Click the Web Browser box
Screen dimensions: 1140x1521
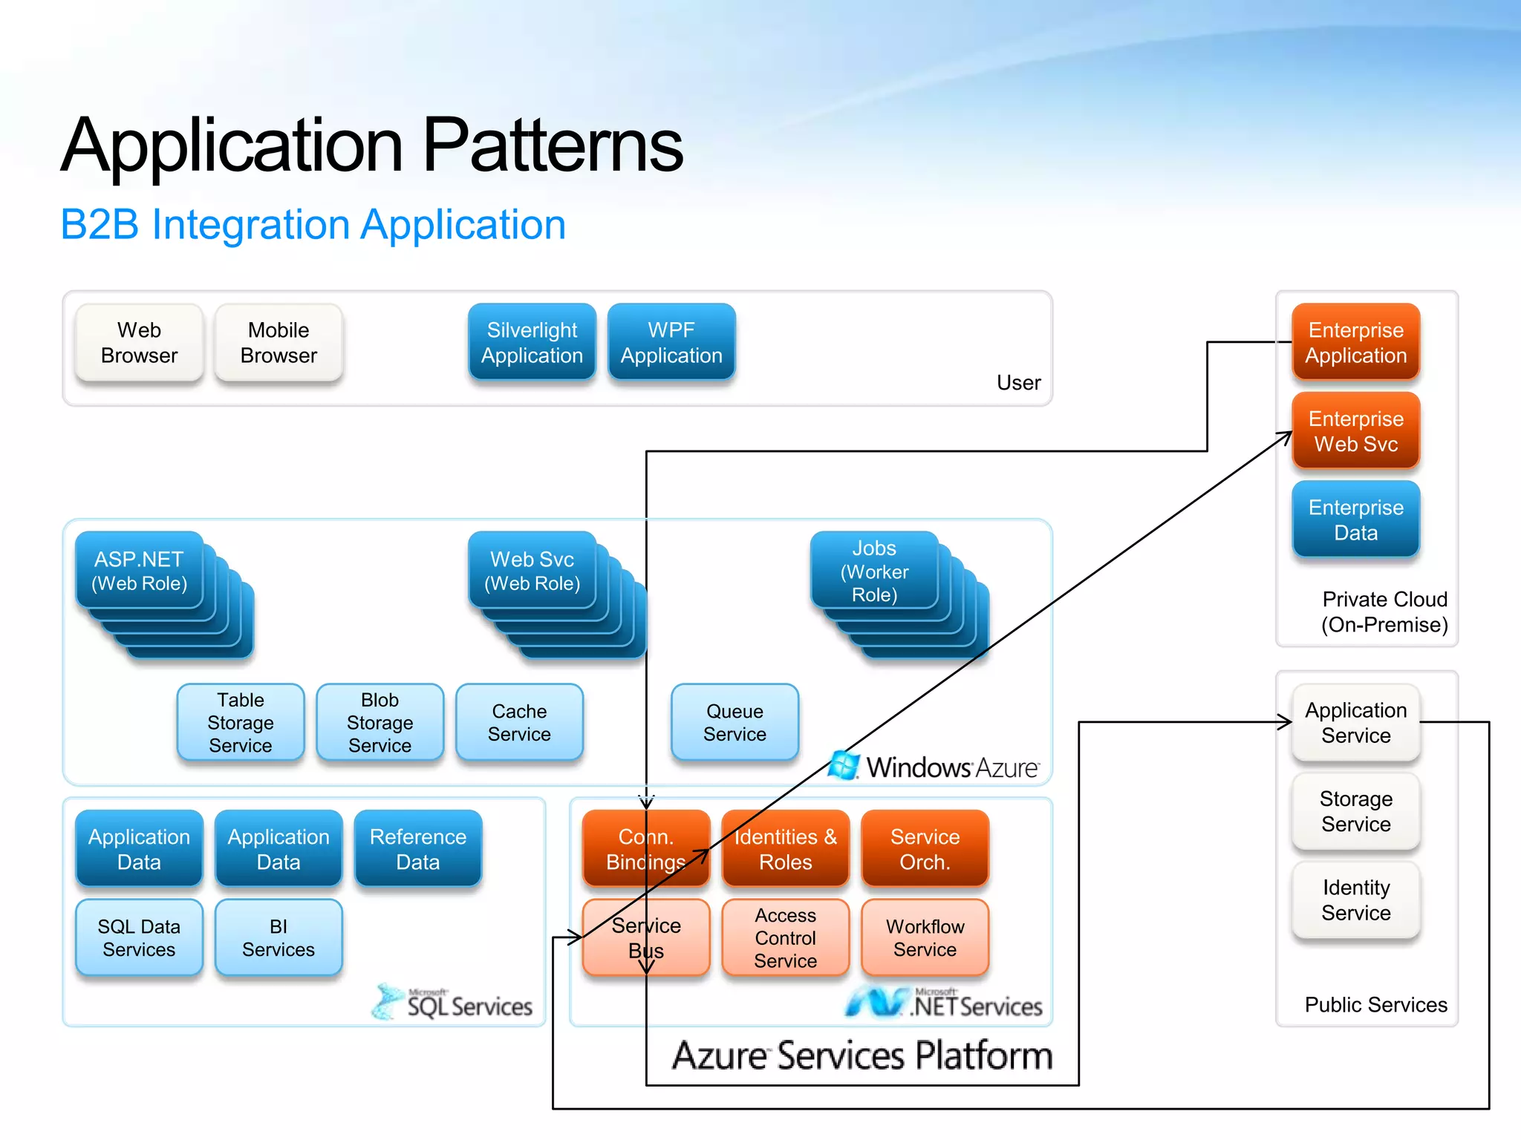pyautogui.click(x=139, y=343)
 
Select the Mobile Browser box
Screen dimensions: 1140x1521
pyautogui.click(x=279, y=343)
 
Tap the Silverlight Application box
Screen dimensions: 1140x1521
pyautogui.click(x=532, y=343)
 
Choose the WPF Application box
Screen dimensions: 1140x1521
pyautogui.click(x=671, y=343)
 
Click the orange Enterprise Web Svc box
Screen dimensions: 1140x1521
pyautogui.click(x=1355, y=431)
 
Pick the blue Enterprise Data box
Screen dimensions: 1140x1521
pyautogui.click(x=1355, y=520)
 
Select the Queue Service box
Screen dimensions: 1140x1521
pyautogui.click(x=735, y=722)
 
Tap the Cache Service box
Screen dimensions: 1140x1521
pyautogui.click(x=519, y=722)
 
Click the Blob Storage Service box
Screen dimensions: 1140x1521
pyautogui.click(x=380, y=722)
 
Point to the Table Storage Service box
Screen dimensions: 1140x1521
pyautogui.click(x=241, y=722)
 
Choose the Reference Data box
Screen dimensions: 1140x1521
pyautogui.click(x=418, y=849)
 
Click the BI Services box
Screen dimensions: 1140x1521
pyautogui.click(x=279, y=937)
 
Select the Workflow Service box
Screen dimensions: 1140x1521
pyautogui.click(x=925, y=937)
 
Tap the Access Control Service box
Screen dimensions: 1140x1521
pyautogui.click(x=785, y=937)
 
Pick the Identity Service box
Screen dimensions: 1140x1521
pyautogui.click(x=1355, y=900)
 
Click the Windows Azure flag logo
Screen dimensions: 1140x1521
pyautogui.click(x=844, y=765)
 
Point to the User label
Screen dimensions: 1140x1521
pyautogui.click(x=1018, y=383)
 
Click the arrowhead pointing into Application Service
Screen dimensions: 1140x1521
pyautogui.click(x=1286, y=721)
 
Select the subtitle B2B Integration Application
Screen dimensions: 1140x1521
pyautogui.click(x=313, y=224)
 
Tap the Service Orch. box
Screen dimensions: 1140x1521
pyautogui.click(x=925, y=849)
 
